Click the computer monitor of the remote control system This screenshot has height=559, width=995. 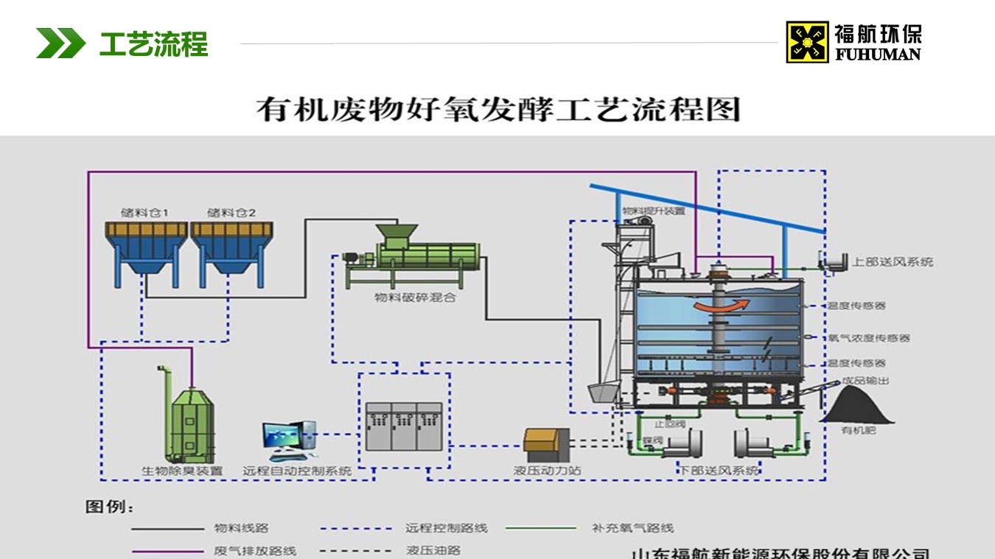(283, 433)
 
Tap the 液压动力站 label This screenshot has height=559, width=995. (547, 470)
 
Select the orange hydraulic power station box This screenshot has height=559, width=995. (546, 441)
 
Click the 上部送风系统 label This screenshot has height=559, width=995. (893, 261)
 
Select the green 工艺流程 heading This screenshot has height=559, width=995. (153, 43)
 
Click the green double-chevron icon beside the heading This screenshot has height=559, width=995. (60, 43)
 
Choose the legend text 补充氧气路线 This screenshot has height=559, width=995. (632, 528)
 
